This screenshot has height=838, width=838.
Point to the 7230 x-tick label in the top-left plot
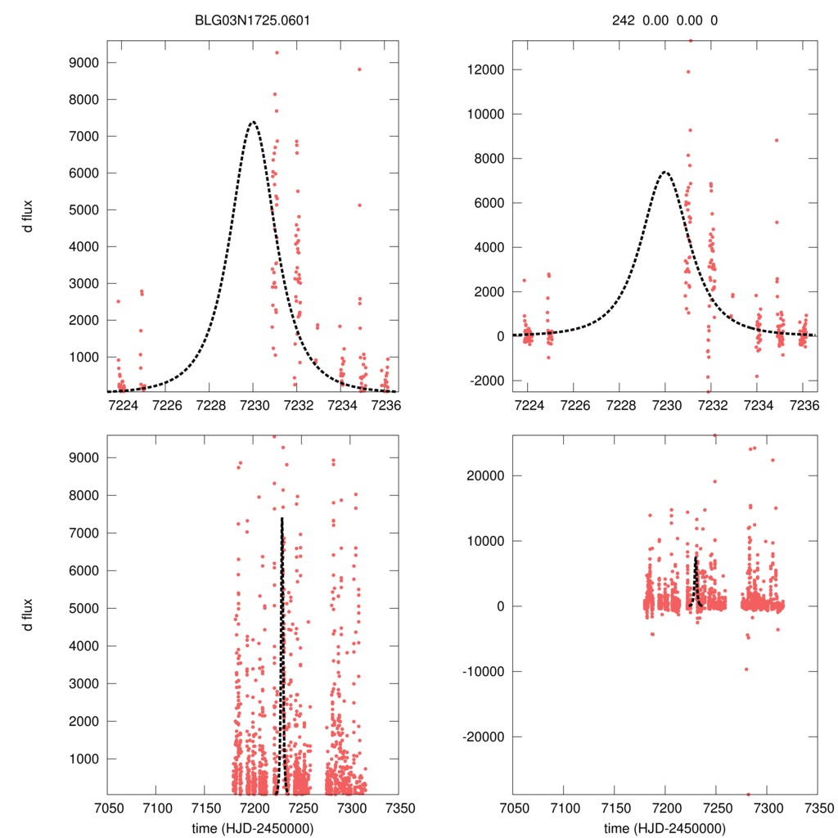(x=254, y=405)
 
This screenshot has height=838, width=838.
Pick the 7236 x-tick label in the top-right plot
(x=804, y=405)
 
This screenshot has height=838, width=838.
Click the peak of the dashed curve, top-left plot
(x=253, y=122)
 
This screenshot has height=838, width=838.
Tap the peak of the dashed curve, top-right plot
(x=665, y=172)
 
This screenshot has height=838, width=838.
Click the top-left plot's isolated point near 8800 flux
(x=359, y=70)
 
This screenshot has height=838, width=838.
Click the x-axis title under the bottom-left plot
(x=253, y=827)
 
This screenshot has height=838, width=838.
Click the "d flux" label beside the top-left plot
(x=29, y=216)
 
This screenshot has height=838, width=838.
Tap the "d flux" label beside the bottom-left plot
(x=29, y=614)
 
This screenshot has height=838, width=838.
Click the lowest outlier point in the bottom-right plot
(x=748, y=794)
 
